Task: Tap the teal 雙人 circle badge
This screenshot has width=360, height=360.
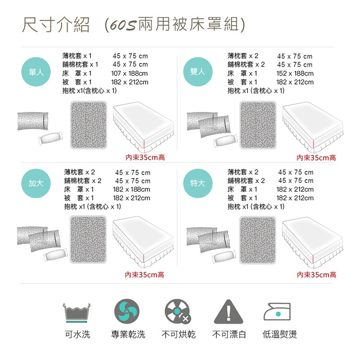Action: point(198,72)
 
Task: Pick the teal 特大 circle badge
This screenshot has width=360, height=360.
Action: point(198,184)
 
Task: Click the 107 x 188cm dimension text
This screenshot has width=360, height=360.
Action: point(129,73)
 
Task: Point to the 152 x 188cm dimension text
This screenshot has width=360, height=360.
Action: point(294,73)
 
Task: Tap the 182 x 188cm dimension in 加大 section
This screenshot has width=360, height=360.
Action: point(131,189)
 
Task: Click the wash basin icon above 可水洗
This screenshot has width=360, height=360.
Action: point(77,312)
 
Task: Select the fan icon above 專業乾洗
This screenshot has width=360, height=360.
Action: point(126,311)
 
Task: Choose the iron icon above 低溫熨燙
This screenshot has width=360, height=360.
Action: point(278,312)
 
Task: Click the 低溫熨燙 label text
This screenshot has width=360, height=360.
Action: point(279,334)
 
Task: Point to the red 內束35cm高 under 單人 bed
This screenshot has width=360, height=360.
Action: point(145,158)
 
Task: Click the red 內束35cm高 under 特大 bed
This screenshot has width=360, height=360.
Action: point(316,274)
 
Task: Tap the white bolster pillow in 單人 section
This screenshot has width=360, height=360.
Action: point(52,138)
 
